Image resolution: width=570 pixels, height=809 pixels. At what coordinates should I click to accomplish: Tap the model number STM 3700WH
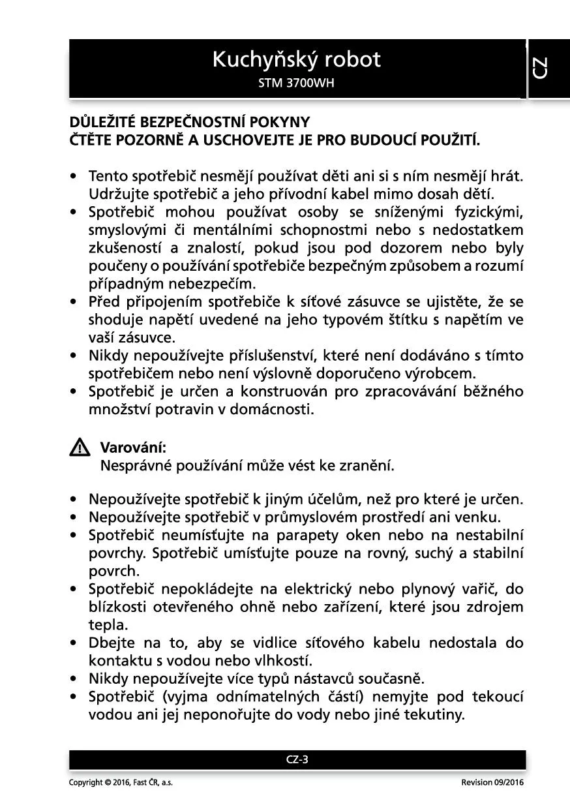coord(296,84)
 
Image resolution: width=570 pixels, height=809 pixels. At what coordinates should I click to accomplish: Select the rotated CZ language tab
coord(540,68)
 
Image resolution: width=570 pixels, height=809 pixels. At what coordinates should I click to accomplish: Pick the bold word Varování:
coord(133,448)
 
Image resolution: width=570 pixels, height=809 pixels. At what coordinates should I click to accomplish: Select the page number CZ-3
coord(297,759)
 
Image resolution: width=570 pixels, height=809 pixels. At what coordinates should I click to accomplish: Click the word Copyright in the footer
coord(85,782)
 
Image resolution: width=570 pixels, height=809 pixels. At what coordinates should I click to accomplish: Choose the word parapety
coord(308,536)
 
